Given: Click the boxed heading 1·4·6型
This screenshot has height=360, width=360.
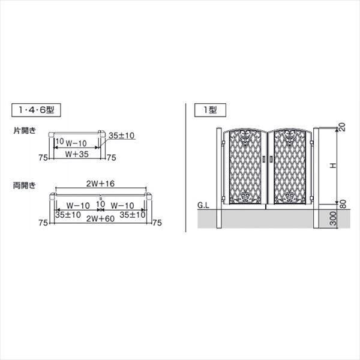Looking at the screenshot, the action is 36,110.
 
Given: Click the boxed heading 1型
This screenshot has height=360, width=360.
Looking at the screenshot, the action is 210,110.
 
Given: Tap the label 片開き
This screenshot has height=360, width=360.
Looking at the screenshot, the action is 25,131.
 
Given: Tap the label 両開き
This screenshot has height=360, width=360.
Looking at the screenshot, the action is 25,185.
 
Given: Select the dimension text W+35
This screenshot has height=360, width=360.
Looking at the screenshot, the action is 77,154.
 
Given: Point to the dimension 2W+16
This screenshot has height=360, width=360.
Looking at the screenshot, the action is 100,184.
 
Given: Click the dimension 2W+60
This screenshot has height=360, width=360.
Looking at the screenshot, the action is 100,219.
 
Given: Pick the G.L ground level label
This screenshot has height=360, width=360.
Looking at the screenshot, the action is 203,205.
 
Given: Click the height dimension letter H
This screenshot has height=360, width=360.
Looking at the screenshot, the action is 333,166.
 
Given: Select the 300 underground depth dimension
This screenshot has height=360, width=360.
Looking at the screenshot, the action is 333,218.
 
